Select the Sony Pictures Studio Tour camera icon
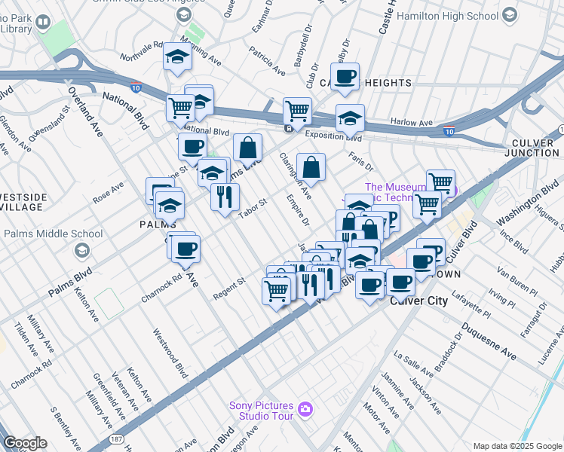[305, 410]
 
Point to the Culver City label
[419, 301]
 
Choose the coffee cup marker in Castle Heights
[345, 76]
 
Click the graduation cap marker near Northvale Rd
[178, 56]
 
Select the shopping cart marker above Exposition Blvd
[297, 111]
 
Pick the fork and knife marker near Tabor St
[225, 197]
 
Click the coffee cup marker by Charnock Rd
[185, 248]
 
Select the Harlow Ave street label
[412, 122]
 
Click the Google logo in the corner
[25, 443]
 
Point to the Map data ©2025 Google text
[516, 446]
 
